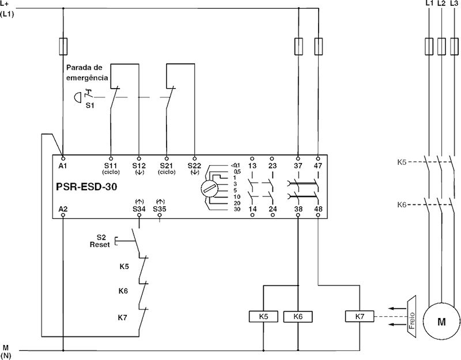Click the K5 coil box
pyautogui.click(x=263, y=316)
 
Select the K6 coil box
pyautogui.click(x=298, y=316)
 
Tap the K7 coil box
pyautogui.click(x=360, y=316)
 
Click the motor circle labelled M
pyautogui.click(x=441, y=321)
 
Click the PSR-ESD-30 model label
pyautogui.click(x=86, y=187)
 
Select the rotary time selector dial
pyautogui.click(x=210, y=188)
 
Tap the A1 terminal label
pyautogui.click(x=63, y=166)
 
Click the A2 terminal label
pyautogui.click(x=63, y=209)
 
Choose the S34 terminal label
pyautogui.click(x=139, y=209)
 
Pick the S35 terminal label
pyautogui.click(x=160, y=209)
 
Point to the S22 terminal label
pyautogui.click(x=194, y=166)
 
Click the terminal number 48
pyautogui.click(x=318, y=209)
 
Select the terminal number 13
pyautogui.click(x=252, y=166)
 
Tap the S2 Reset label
pyautogui.click(x=100, y=241)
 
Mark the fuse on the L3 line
pyautogui.click(x=454, y=46)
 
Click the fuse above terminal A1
pyautogui.click(x=63, y=46)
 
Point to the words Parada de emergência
pyautogui.click(x=87, y=73)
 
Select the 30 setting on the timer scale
pyautogui.click(x=237, y=210)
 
